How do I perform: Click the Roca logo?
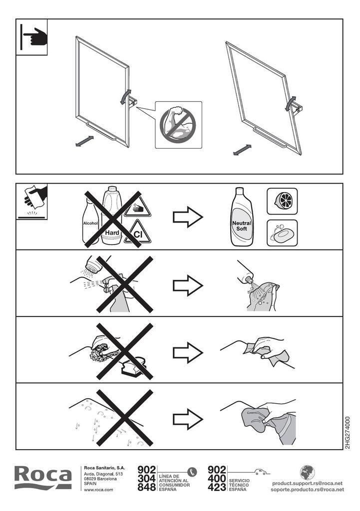(43, 478)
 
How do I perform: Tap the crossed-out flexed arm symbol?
(178, 125)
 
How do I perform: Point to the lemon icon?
(282, 201)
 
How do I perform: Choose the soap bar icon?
(282, 233)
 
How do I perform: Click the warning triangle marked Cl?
(138, 232)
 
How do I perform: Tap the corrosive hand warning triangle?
(138, 207)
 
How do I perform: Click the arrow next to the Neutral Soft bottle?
(188, 217)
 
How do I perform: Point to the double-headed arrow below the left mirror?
(84, 141)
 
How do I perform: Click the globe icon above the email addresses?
(307, 473)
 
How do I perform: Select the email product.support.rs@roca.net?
(307, 483)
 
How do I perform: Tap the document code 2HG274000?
(348, 433)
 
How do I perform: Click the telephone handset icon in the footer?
(192, 472)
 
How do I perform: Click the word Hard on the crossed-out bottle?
(112, 233)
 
